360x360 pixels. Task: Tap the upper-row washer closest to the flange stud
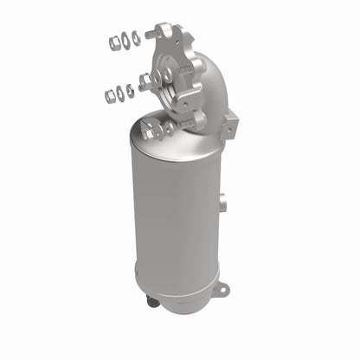click(x=137, y=37)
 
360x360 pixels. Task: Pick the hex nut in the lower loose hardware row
click(x=110, y=96)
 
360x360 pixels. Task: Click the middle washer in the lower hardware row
click(x=120, y=92)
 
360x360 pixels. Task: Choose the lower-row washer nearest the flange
click(x=130, y=89)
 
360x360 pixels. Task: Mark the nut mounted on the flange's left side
click(x=146, y=80)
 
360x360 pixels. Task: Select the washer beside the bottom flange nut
click(x=169, y=126)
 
